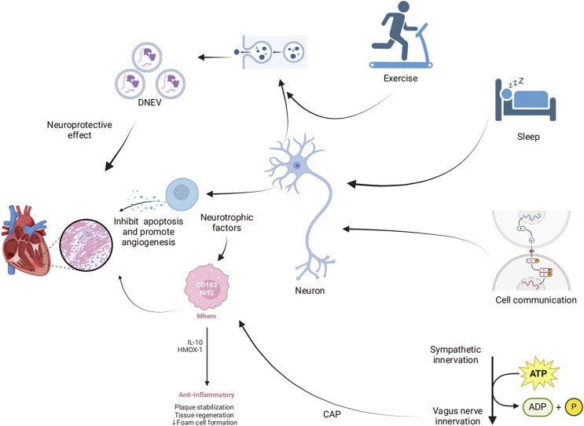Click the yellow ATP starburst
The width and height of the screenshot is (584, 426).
(x=539, y=373)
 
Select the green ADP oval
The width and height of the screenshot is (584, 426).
(x=538, y=407)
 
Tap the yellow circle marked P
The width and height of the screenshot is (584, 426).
(x=574, y=407)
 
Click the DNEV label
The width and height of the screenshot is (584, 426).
(x=149, y=102)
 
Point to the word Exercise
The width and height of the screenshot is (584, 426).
(x=400, y=78)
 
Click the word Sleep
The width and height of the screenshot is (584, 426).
(x=528, y=137)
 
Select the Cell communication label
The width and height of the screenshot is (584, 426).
(x=535, y=299)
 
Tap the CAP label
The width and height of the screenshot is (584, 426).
(x=332, y=413)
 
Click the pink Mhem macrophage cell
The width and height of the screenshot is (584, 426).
(x=207, y=287)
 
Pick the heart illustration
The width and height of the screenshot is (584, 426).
(x=25, y=241)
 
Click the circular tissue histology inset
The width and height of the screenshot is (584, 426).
(x=86, y=244)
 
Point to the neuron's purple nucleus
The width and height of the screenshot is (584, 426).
(x=297, y=165)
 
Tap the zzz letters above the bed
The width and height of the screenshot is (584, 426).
(x=516, y=83)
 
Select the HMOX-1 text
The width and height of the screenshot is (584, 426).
(x=190, y=350)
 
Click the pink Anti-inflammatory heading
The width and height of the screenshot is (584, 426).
(x=207, y=395)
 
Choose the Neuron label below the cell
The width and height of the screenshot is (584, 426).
(x=310, y=291)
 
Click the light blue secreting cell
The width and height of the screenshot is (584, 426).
(x=182, y=194)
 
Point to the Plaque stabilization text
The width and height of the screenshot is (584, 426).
(x=204, y=407)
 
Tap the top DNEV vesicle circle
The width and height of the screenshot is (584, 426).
(x=147, y=57)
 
